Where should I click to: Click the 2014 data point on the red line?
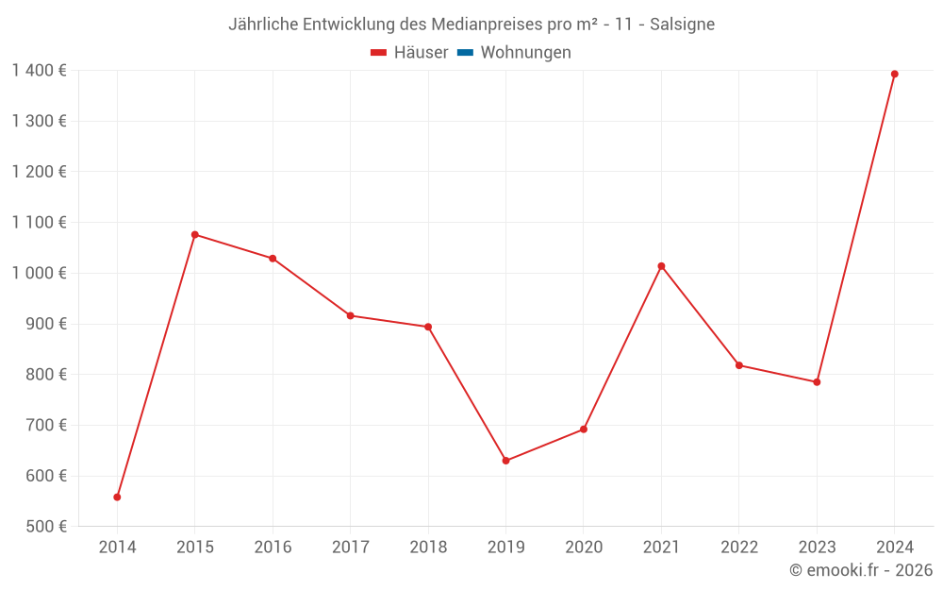pos(117,497)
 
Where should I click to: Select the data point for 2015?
pos(195,234)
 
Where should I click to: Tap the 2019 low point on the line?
pos(505,461)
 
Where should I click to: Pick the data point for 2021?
pos(661,266)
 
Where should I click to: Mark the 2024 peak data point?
pos(894,74)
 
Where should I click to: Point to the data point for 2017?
pos(351,315)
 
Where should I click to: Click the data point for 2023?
pos(817,382)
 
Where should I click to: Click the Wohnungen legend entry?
pos(525,53)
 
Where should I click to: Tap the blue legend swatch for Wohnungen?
pos(465,53)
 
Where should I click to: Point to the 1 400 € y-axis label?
pos(39,71)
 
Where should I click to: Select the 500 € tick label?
pos(44,527)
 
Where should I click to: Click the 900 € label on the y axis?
pos(44,324)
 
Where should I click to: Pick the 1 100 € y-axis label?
pos(39,223)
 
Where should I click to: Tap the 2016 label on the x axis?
pos(273,548)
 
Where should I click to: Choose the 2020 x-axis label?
pos(584,548)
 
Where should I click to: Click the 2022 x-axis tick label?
pos(739,548)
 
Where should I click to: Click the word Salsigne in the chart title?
pos(682,24)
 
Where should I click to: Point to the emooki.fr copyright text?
pos(861,570)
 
